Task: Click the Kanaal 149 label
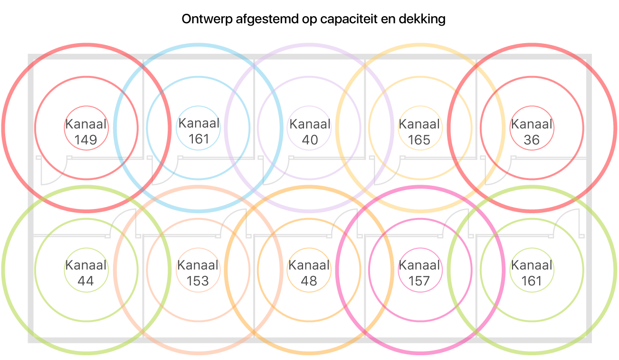click(86, 132)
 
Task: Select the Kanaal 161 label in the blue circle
click(199, 131)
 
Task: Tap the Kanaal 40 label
click(310, 132)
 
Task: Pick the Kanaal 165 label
click(419, 132)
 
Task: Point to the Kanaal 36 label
click(532, 132)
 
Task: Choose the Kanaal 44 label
click(86, 273)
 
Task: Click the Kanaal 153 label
click(198, 273)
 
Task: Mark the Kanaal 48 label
click(309, 273)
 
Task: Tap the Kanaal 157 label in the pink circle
click(419, 273)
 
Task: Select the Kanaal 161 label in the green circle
click(532, 273)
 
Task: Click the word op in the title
click(303, 20)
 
